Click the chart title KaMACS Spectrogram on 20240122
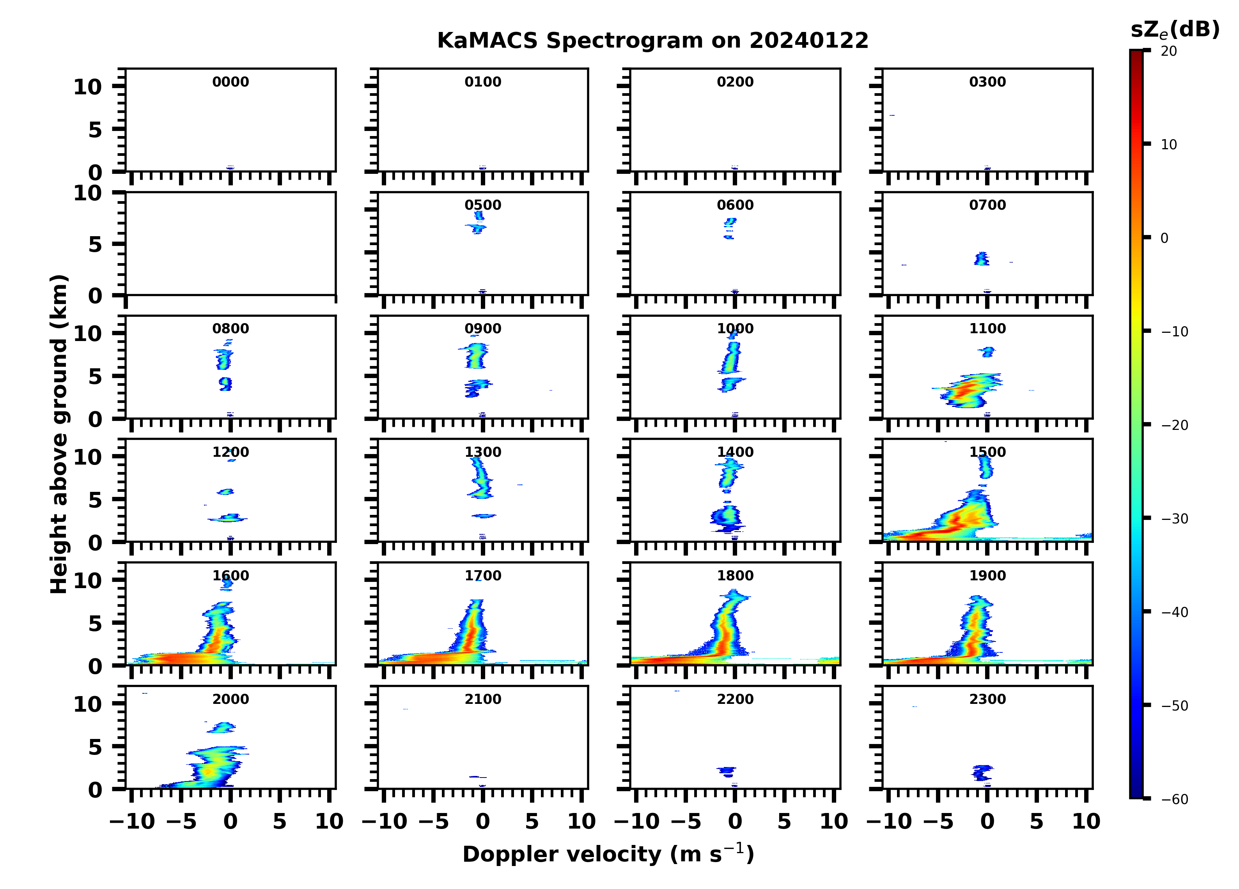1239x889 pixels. tap(652, 41)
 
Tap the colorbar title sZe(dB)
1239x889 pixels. tap(1175, 30)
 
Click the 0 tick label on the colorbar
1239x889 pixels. tap(1164, 238)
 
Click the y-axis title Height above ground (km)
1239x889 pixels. tap(59, 434)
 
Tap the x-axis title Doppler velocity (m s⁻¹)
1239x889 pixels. tap(608, 854)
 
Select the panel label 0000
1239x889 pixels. tap(230, 82)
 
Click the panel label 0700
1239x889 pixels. tap(987, 205)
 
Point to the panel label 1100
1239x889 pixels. tap(987, 329)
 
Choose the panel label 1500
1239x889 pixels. tap(987, 452)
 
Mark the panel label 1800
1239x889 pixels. tap(735, 576)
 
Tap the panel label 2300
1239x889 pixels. tap(987, 699)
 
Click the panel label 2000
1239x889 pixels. tap(230, 699)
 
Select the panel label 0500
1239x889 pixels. tap(483, 205)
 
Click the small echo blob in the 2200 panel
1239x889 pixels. tap(727, 771)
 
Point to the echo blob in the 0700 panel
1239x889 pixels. tap(982, 258)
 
